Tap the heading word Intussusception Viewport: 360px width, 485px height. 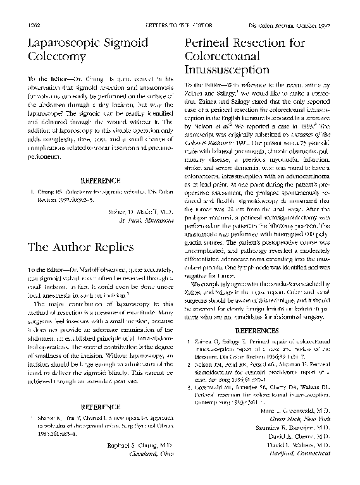point(226,70)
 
